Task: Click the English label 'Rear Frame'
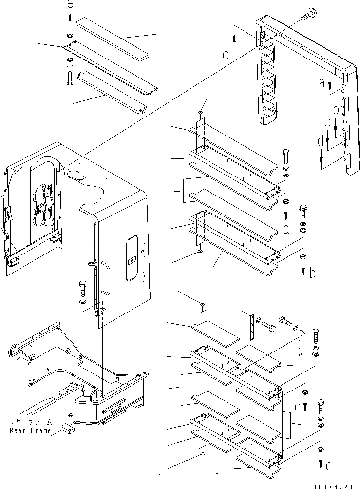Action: pos(31,430)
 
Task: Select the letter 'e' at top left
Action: pos(70,5)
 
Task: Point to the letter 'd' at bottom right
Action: pos(330,466)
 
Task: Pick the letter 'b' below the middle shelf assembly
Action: pos(312,273)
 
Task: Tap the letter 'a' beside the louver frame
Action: pos(322,83)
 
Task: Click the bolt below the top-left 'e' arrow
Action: pos(69,78)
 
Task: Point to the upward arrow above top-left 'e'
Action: pos(70,21)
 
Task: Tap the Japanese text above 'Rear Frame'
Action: pos(30,422)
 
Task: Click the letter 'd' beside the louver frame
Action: pos(320,143)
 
